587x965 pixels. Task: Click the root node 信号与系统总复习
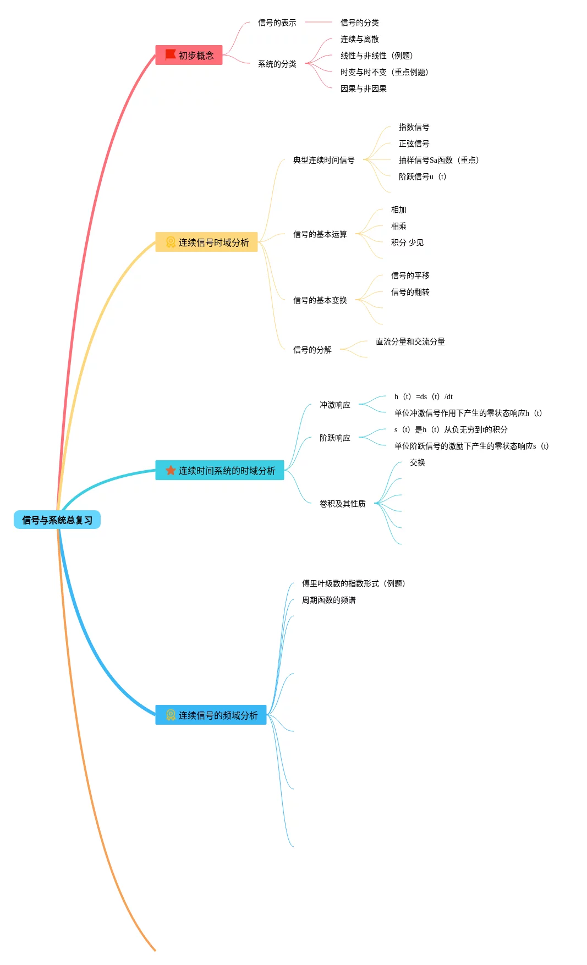(57, 520)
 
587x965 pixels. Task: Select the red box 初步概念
(189, 55)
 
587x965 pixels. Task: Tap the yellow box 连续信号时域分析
(206, 242)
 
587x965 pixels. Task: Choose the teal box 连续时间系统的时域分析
(220, 470)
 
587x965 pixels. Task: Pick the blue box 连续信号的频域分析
(211, 715)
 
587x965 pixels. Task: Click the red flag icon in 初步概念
(171, 55)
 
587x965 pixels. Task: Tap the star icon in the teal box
(171, 470)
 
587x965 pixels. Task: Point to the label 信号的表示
(277, 23)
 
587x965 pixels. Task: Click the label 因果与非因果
(363, 89)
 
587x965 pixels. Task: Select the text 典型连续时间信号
(323, 160)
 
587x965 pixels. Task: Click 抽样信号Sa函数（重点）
(439, 160)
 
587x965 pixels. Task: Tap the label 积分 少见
(407, 242)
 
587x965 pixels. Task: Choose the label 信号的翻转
(410, 292)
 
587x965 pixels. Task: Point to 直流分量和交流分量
(410, 341)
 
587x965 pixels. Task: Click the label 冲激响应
(334, 405)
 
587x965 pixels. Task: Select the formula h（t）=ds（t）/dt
(423, 396)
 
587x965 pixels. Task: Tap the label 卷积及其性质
(342, 504)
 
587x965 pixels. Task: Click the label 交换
(417, 462)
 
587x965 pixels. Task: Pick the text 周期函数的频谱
(328, 600)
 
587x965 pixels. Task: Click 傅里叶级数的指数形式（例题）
(354, 583)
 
